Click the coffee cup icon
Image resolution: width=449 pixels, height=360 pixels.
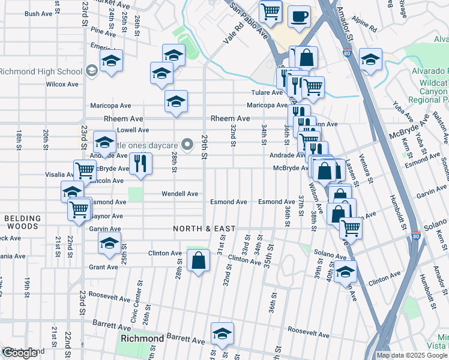click(299, 17)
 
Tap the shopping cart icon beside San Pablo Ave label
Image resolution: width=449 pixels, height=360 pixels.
click(271, 11)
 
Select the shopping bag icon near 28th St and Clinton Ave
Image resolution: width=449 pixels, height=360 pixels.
click(198, 260)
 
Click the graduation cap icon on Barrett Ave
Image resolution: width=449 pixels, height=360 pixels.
click(222, 334)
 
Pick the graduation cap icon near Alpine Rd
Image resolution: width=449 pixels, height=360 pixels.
click(370, 59)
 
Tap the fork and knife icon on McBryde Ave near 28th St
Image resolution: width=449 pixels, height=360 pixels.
click(140, 163)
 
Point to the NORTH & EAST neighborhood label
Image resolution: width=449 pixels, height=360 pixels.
click(203, 229)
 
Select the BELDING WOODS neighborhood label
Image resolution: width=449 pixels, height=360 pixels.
click(23, 223)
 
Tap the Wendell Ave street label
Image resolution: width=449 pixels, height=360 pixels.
click(179, 194)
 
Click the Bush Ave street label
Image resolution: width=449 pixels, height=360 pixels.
click(38, 14)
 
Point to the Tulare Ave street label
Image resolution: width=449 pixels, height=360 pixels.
click(267, 92)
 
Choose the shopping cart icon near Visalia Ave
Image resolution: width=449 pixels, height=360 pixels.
click(85, 170)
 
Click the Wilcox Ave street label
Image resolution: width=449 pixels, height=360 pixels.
click(62, 85)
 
